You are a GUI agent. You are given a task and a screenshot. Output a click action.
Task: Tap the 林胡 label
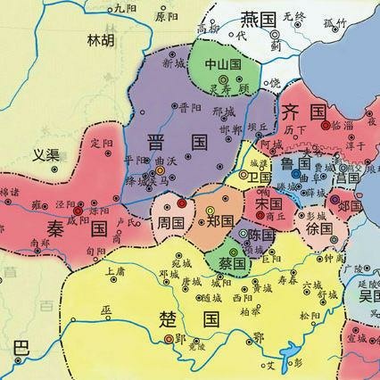(x=101, y=40)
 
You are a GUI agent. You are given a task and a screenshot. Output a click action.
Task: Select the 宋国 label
(x=263, y=203)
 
